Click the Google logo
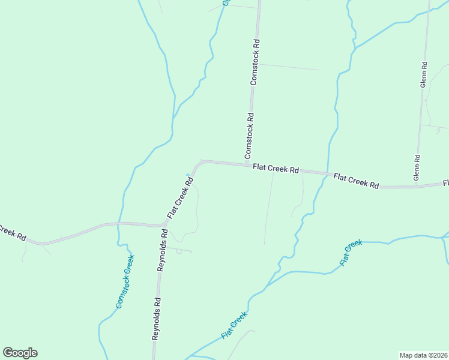(20, 353)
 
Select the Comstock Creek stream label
(125, 282)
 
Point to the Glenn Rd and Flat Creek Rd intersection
(415, 187)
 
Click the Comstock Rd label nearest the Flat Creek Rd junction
(250, 136)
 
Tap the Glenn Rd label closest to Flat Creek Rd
(417, 167)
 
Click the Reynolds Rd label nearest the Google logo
(155, 319)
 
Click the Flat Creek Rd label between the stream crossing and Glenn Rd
(356, 181)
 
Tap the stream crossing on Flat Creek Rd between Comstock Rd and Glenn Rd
(327, 173)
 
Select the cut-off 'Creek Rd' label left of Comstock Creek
(12, 233)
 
